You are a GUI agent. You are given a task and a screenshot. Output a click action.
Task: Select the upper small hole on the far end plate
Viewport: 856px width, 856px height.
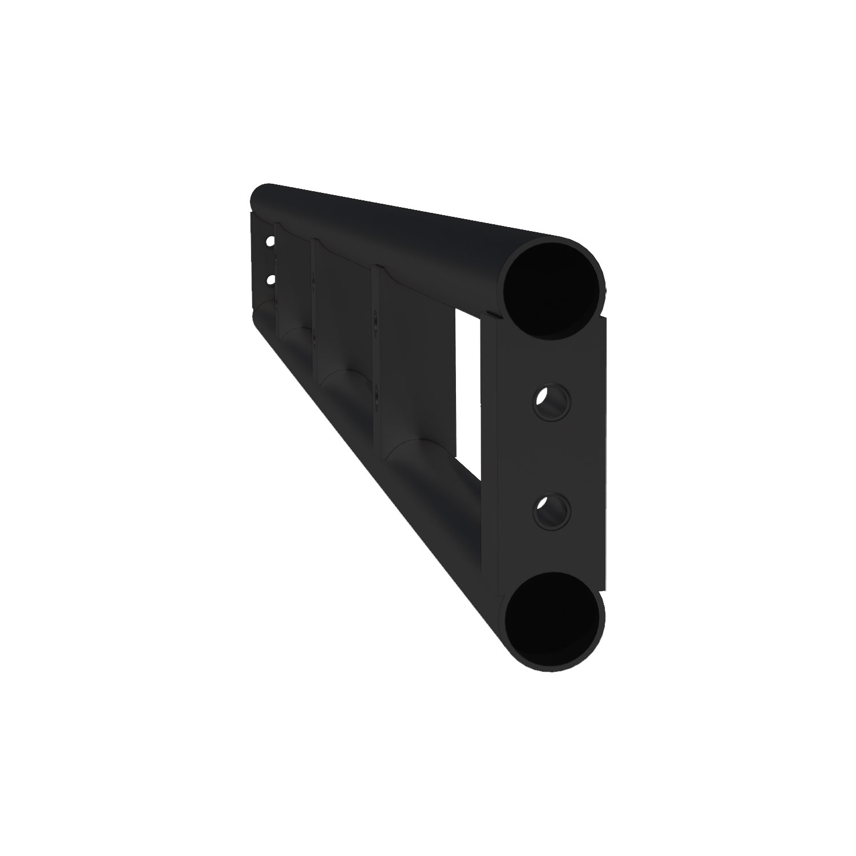[269, 241]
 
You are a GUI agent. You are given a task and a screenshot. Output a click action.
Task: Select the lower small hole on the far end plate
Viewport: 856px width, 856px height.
[269, 280]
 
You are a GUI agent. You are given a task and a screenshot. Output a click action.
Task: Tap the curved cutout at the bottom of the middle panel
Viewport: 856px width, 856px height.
[342, 377]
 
